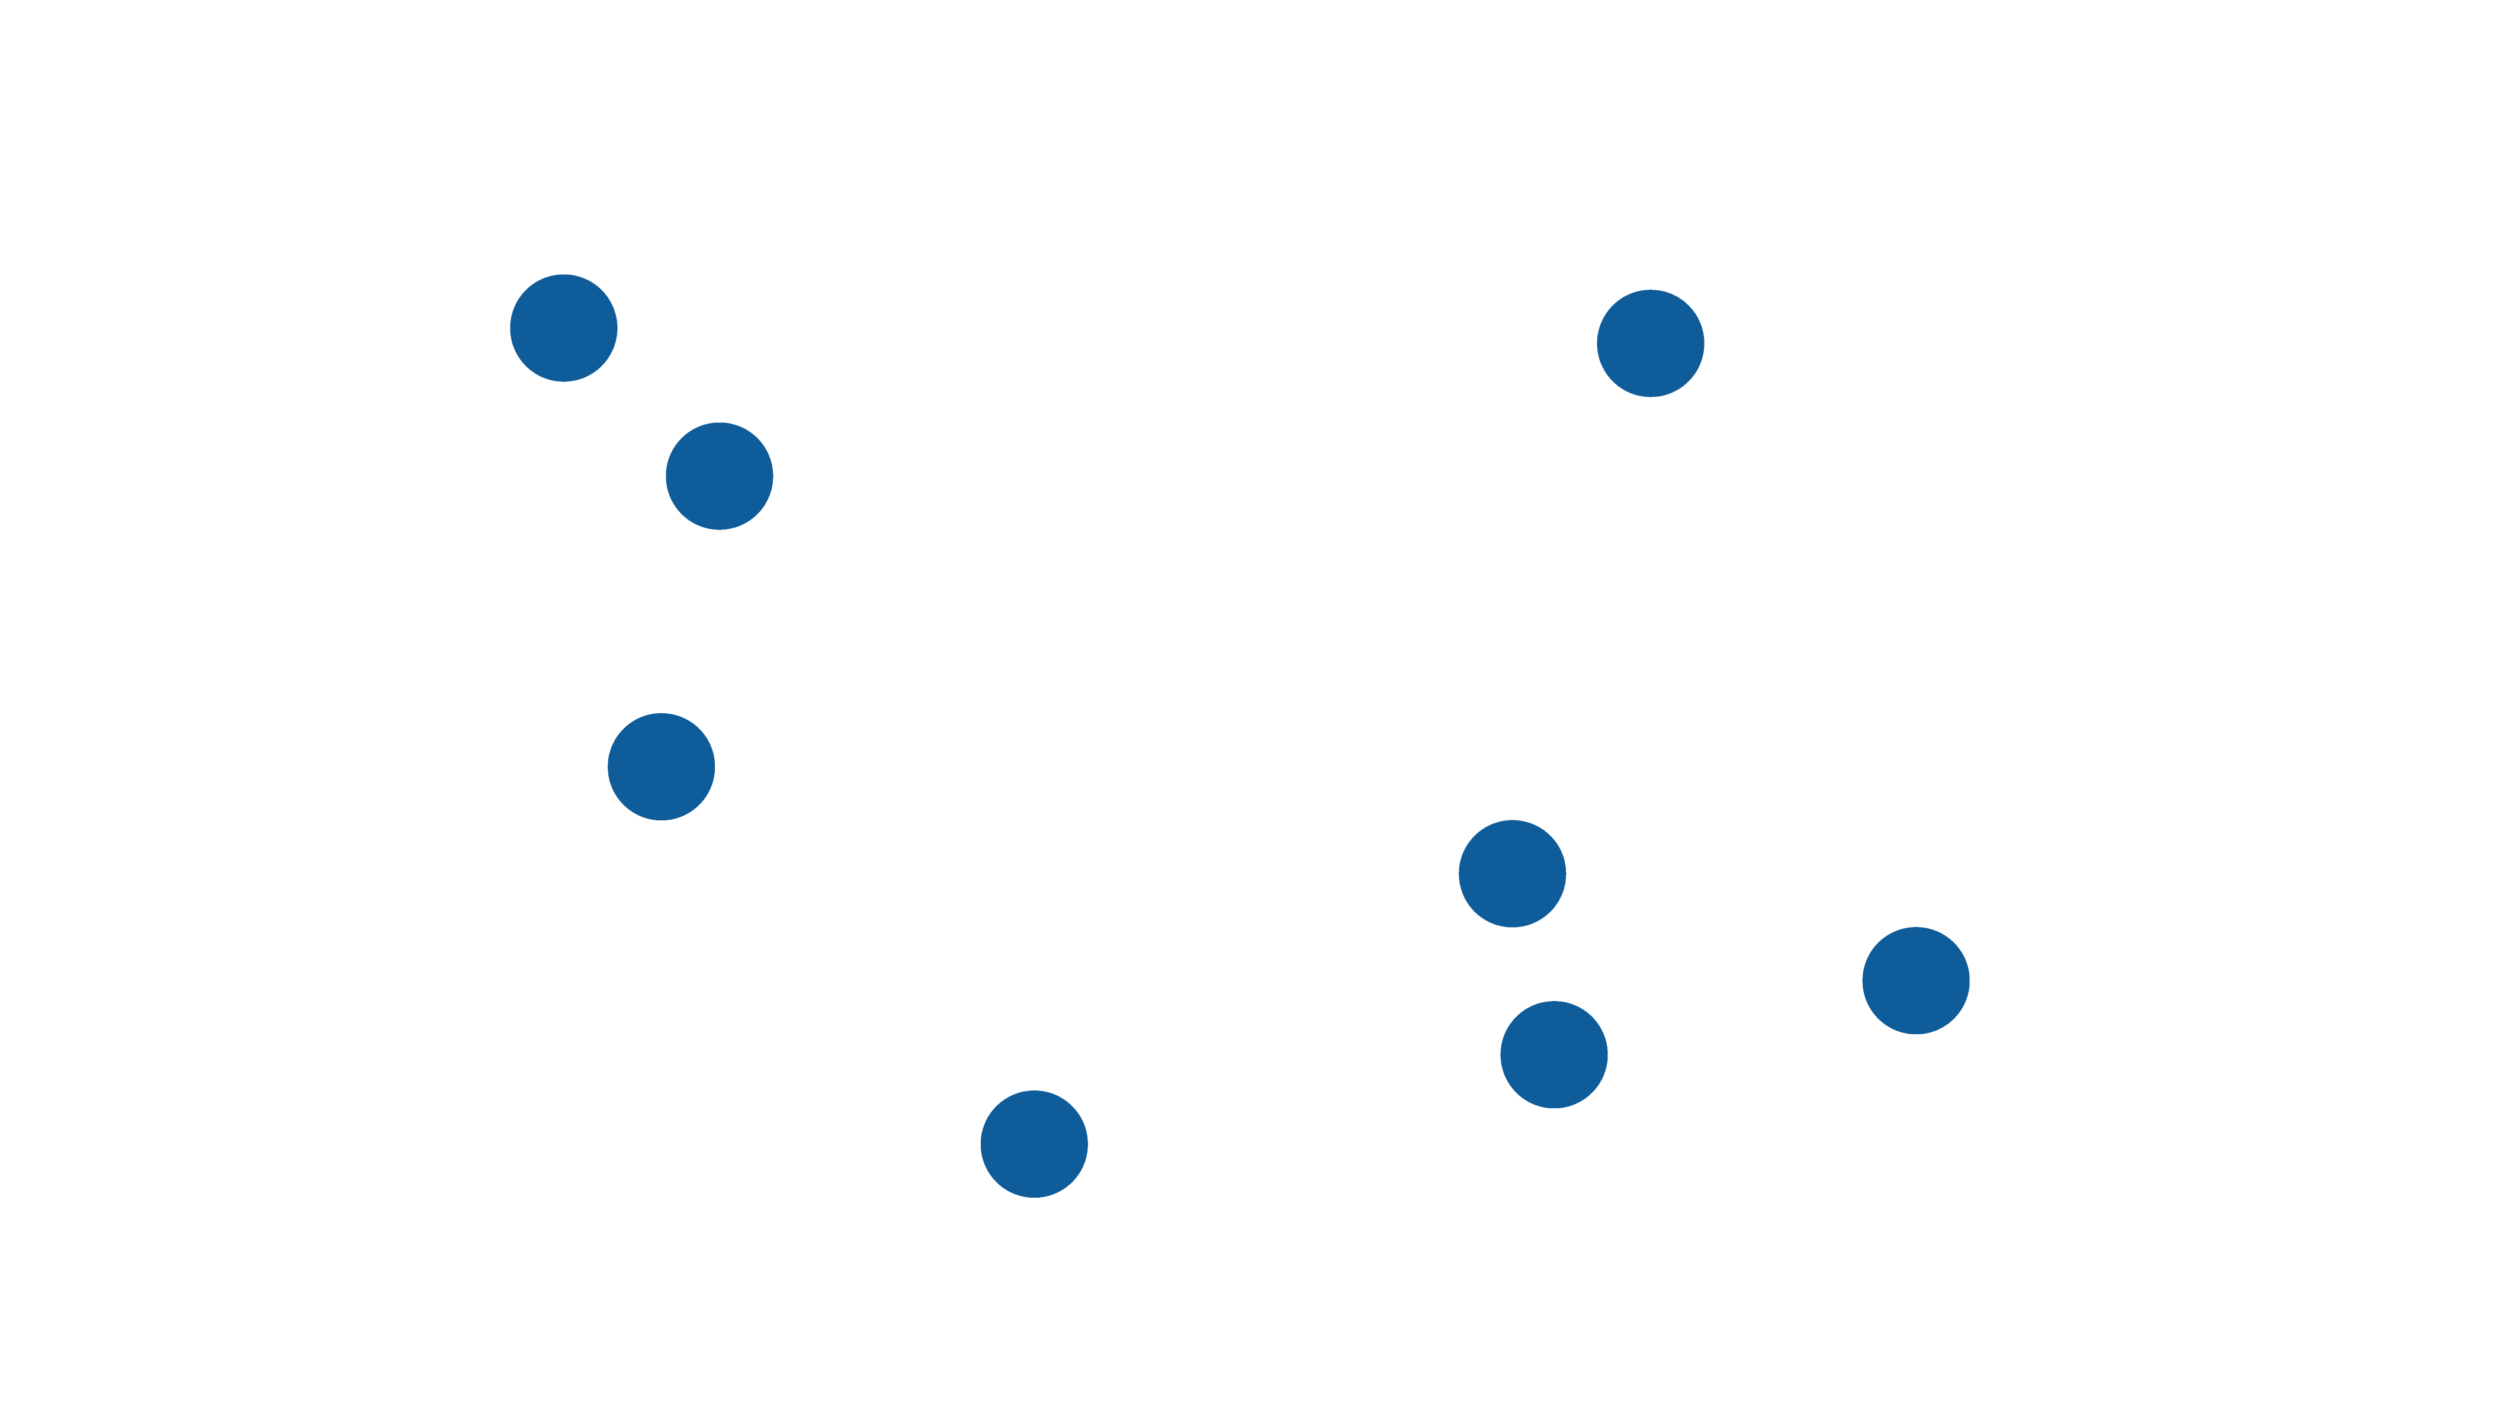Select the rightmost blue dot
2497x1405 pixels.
click(x=1915, y=980)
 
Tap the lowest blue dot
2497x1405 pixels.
click(x=1034, y=1144)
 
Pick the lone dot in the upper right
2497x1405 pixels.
click(x=1650, y=343)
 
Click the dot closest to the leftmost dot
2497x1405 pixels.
click(x=718, y=476)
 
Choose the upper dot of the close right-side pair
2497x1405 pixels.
click(x=1511, y=874)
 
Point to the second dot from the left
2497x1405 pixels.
click(x=661, y=767)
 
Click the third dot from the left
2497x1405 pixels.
click(x=718, y=476)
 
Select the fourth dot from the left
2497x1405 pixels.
click(x=1034, y=1144)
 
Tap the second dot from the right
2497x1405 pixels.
click(x=1650, y=343)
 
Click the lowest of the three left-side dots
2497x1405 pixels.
click(x=661, y=767)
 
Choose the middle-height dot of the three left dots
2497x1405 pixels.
click(x=718, y=476)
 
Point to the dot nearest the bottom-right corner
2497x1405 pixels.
click(x=1915, y=980)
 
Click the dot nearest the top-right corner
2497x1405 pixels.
click(x=1650, y=343)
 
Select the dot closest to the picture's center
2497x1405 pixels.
click(x=1511, y=874)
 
